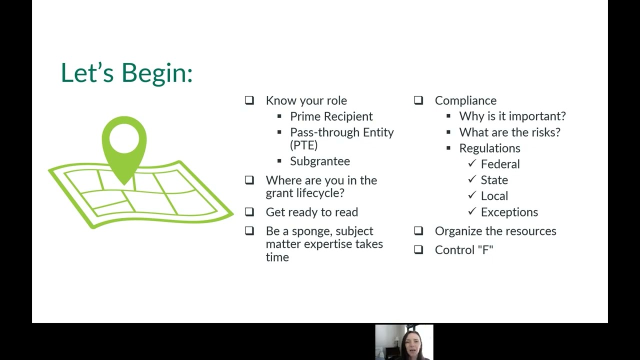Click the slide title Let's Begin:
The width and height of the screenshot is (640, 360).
pos(126,73)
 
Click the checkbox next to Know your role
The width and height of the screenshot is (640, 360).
pos(249,100)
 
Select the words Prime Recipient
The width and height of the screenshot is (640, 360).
pos(331,116)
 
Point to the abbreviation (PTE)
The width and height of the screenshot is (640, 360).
pos(303,145)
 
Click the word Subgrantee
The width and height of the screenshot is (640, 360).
pos(320,161)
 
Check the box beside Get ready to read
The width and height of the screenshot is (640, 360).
pos(249,212)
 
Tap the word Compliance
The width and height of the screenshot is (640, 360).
pos(465,101)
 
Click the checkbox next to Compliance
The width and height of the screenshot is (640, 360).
pos(418,100)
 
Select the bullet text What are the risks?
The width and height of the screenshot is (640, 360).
pos(509,132)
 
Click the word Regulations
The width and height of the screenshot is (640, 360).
pos(489,148)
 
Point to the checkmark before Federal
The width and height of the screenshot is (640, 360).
pos(472,163)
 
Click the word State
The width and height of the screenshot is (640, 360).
pos(494,180)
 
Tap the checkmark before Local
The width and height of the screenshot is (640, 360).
pos(472,195)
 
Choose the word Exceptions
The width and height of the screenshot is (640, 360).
pos(509,212)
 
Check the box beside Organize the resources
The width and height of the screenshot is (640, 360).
pos(418,231)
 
